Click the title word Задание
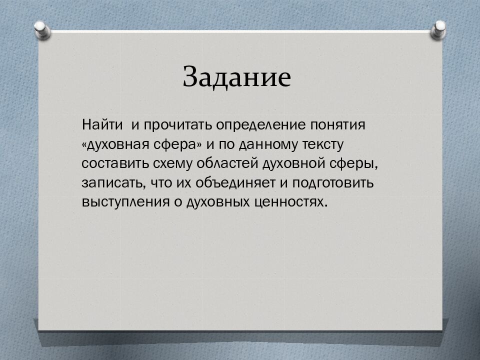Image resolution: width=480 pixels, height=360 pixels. click(236, 76)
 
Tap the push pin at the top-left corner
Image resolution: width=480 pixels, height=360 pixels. click(42, 30)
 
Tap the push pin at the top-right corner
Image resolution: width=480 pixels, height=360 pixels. click(438, 30)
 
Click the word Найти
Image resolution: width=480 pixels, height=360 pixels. click(102, 125)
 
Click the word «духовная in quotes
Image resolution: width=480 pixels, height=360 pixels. click(115, 145)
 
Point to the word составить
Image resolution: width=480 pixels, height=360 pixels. click(115, 164)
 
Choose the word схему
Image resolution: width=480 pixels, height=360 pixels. click(172, 164)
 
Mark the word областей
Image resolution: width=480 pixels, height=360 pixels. click(227, 164)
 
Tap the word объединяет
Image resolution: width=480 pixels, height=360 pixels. click(235, 183)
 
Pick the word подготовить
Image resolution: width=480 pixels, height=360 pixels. click(333, 183)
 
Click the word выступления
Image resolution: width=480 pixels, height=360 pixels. click(125, 202)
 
